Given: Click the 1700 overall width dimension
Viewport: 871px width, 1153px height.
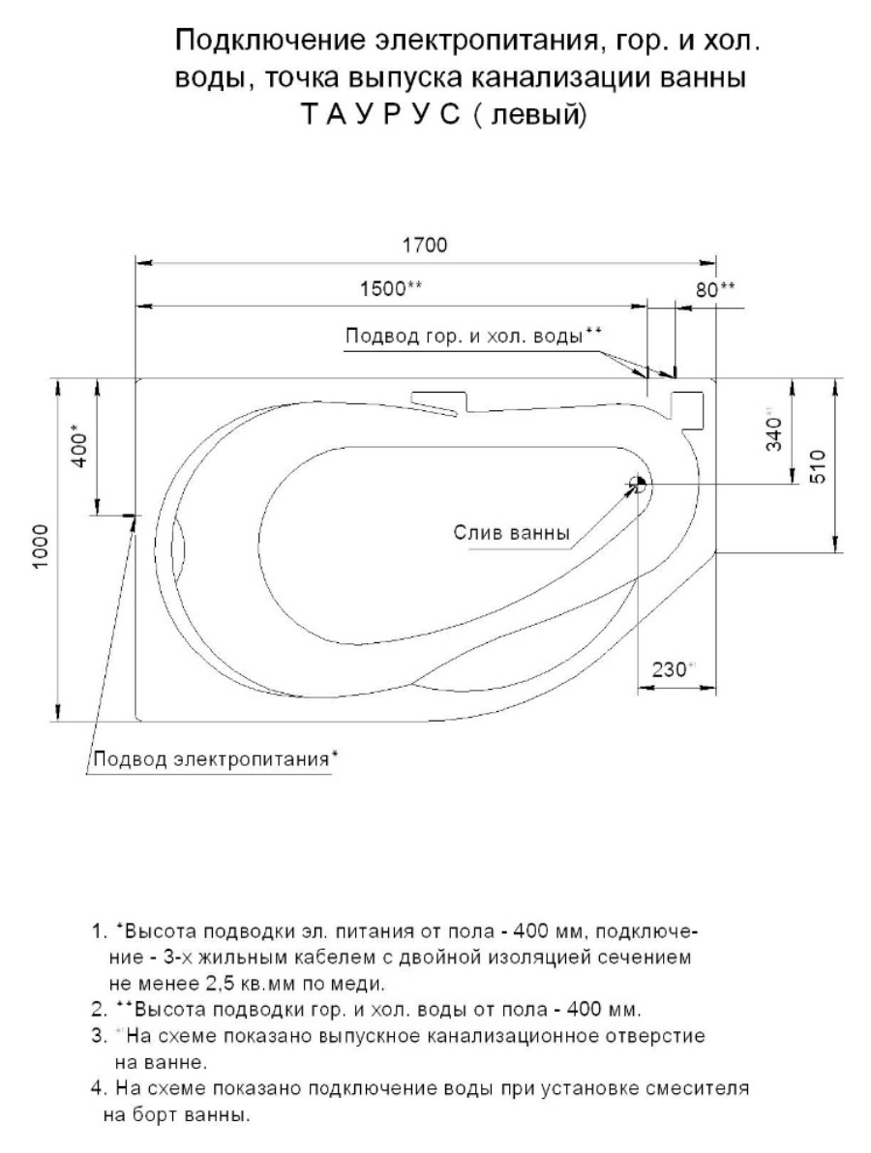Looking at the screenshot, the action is (x=426, y=245).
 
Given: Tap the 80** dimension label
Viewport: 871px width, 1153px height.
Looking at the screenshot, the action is (x=715, y=289).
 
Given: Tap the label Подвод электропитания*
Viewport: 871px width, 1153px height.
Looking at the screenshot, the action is (x=214, y=757).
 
